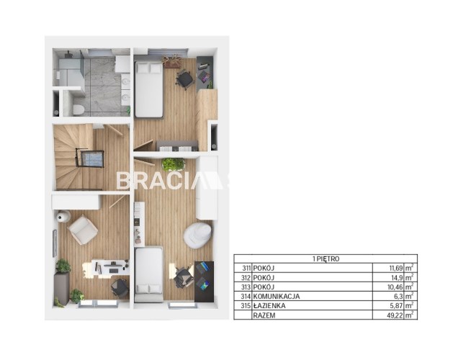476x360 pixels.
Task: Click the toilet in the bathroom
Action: [x=78, y=109]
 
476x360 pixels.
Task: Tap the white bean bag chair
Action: [x=197, y=235]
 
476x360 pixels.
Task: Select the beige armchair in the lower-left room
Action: [x=83, y=230]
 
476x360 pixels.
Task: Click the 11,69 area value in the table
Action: [x=396, y=268]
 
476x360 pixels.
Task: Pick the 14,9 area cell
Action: [x=398, y=277]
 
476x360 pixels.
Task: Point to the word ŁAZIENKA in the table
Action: [x=269, y=306]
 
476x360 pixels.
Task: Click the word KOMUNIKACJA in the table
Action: [x=277, y=296]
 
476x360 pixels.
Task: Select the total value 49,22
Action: [x=395, y=315]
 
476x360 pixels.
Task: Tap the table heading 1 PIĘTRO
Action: [x=325, y=259]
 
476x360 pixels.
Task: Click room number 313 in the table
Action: [x=246, y=287]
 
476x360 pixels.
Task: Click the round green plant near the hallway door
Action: [x=173, y=164]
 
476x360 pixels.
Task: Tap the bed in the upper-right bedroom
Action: [x=149, y=89]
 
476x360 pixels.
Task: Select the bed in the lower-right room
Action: [x=149, y=274]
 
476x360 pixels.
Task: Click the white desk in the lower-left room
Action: [x=110, y=267]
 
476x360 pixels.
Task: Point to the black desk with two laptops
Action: [x=204, y=282]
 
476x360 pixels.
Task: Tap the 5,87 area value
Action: [x=396, y=306]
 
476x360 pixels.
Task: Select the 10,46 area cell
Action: [x=395, y=287]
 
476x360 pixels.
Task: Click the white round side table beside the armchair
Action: [x=63, y=217]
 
